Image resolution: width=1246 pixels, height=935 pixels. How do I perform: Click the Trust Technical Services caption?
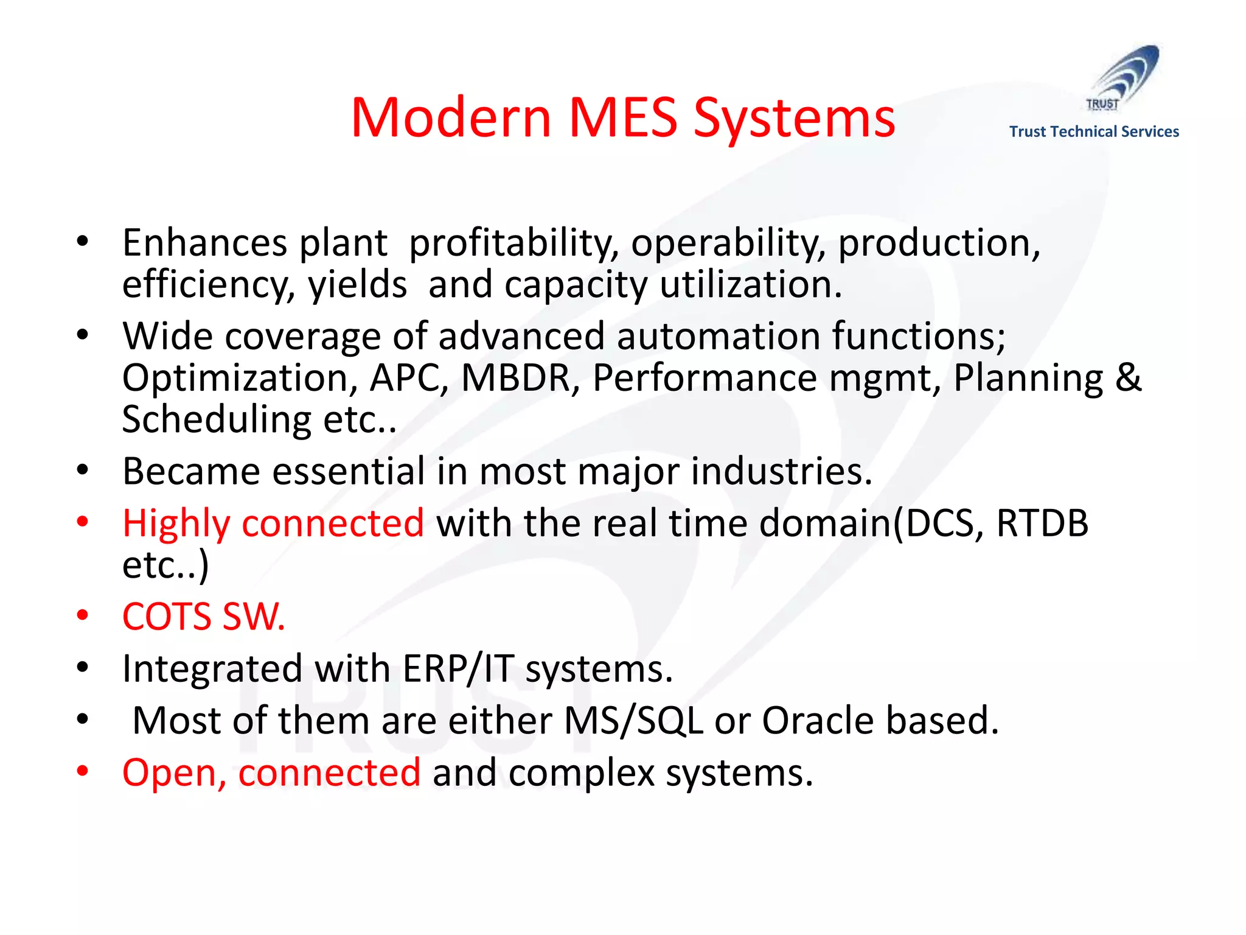tap(1093, 131)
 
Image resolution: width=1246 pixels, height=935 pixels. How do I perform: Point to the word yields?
tap(357, 285)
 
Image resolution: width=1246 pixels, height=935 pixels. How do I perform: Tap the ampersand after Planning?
tap(1129, 378)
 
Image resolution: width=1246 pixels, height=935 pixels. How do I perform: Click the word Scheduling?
tap(217, 420)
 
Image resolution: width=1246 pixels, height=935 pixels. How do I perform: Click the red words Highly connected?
tap(273, 524)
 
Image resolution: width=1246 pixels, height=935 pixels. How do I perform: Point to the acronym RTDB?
tap(1042, 524)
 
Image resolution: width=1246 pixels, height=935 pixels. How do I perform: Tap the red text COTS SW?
tap(203, 617)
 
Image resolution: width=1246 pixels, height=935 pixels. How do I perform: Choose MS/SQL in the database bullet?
tap(633, 721)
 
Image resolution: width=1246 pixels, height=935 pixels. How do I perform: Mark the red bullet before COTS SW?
tap(83, 615)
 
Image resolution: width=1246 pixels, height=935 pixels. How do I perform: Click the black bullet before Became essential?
tap(83, 470)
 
